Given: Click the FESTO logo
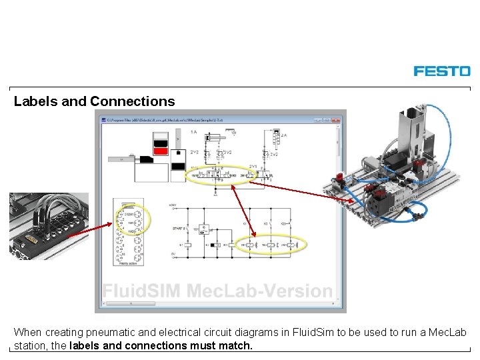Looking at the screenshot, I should pyautogui.click(x=441, y=71).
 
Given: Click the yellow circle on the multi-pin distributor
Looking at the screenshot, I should pyautogui.click(x=133, y=218).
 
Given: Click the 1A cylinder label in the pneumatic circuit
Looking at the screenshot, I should pyautogui.click(x=193, y=133).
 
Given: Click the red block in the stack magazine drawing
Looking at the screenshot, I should pyautogui.click(x=160, y=151).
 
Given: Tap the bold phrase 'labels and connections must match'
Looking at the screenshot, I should pyautogui.click(x=161, y=345).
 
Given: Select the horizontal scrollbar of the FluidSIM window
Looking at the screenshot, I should pyautogui.click(x=220, y=303).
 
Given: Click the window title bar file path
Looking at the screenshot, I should pyautogui.click(x=167, y=120).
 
